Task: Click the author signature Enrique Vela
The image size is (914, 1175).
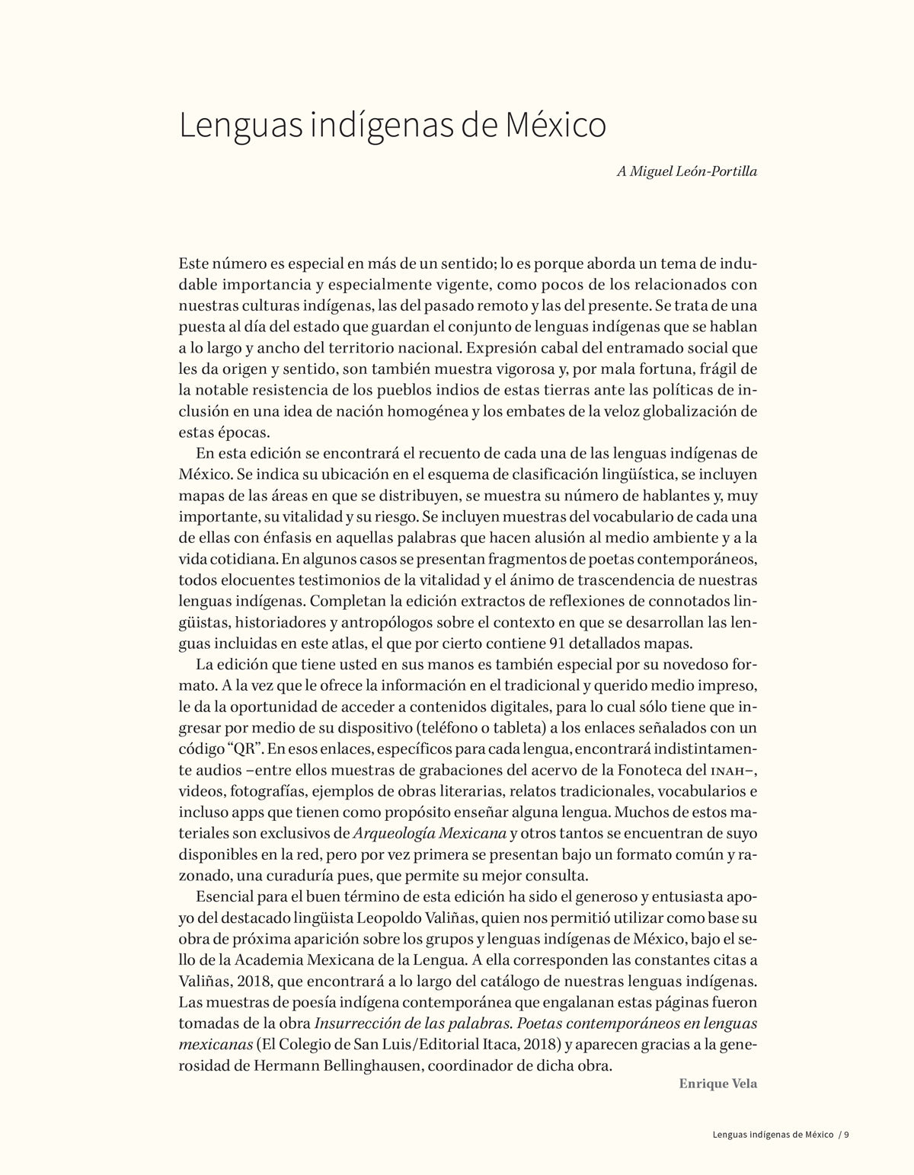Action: [x=717, y=827]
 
